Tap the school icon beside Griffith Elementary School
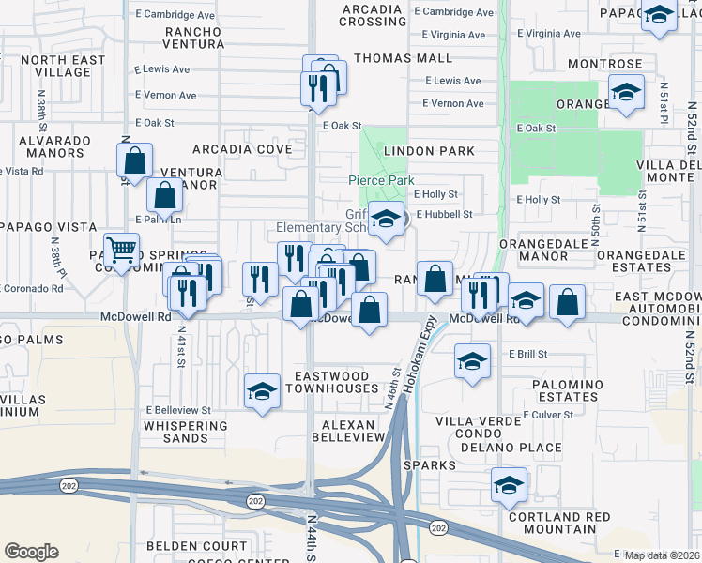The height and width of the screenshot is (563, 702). click(385, 220)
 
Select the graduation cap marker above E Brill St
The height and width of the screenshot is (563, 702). click(472, 360)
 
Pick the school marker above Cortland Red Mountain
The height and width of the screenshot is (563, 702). click(509, 485)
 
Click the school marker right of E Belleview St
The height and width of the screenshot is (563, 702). click(262, 390)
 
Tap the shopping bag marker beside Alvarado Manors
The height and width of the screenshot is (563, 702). click(135, 160)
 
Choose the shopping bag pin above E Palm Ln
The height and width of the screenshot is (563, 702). click(165, 196)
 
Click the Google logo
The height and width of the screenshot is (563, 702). click(31, 552)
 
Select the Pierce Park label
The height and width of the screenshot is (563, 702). click(381, 180)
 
